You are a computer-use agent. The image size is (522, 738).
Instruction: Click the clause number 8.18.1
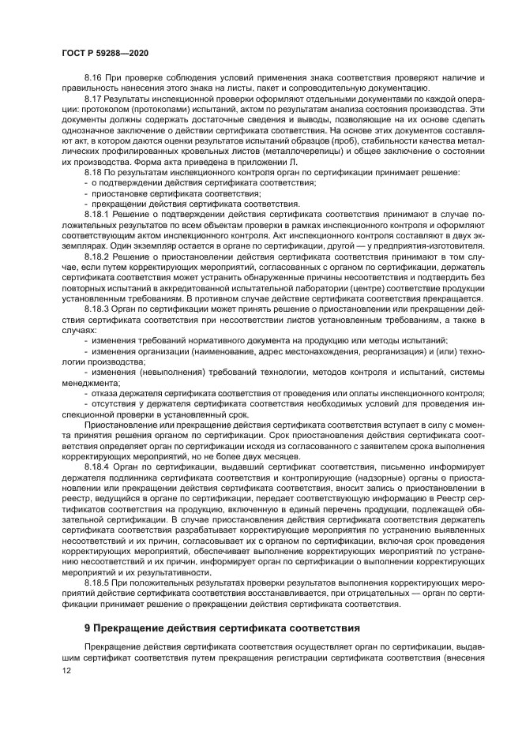98,213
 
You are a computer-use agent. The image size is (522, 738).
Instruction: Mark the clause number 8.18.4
98,467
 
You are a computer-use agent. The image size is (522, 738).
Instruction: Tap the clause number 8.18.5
98,580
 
